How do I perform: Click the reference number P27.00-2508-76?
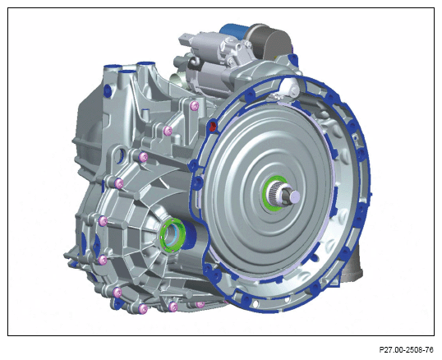(x=406, y=350)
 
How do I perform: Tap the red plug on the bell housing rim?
(x=213, y=126)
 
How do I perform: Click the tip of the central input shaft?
(x=295, y=195)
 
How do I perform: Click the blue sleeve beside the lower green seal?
(x=190, y=235)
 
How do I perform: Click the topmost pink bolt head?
(x=194, y=106)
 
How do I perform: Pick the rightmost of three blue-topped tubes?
(x=145, y=65)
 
